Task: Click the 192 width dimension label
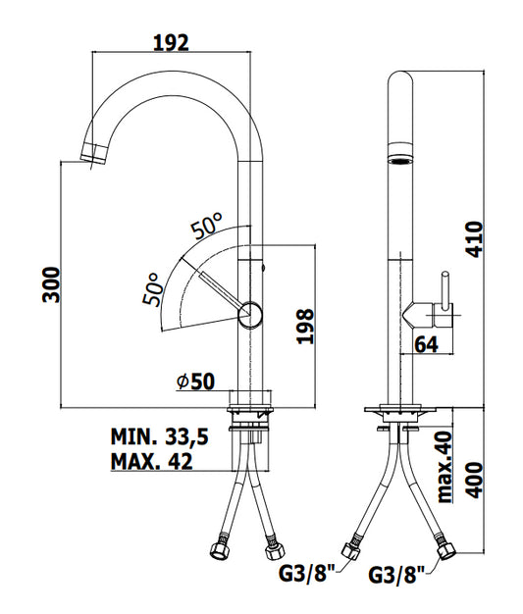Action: pos(171,43)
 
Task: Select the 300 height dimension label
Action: pos(51,284)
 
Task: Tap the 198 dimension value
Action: pos(305,327)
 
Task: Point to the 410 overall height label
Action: pos(474,239)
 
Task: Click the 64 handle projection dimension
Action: pos(426,344)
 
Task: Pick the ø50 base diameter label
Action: pos(196,381)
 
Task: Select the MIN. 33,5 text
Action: pos(159,436)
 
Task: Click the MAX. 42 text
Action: pos(152,461)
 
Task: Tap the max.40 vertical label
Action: pos(445,467)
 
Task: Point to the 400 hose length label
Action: pos(474,480)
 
